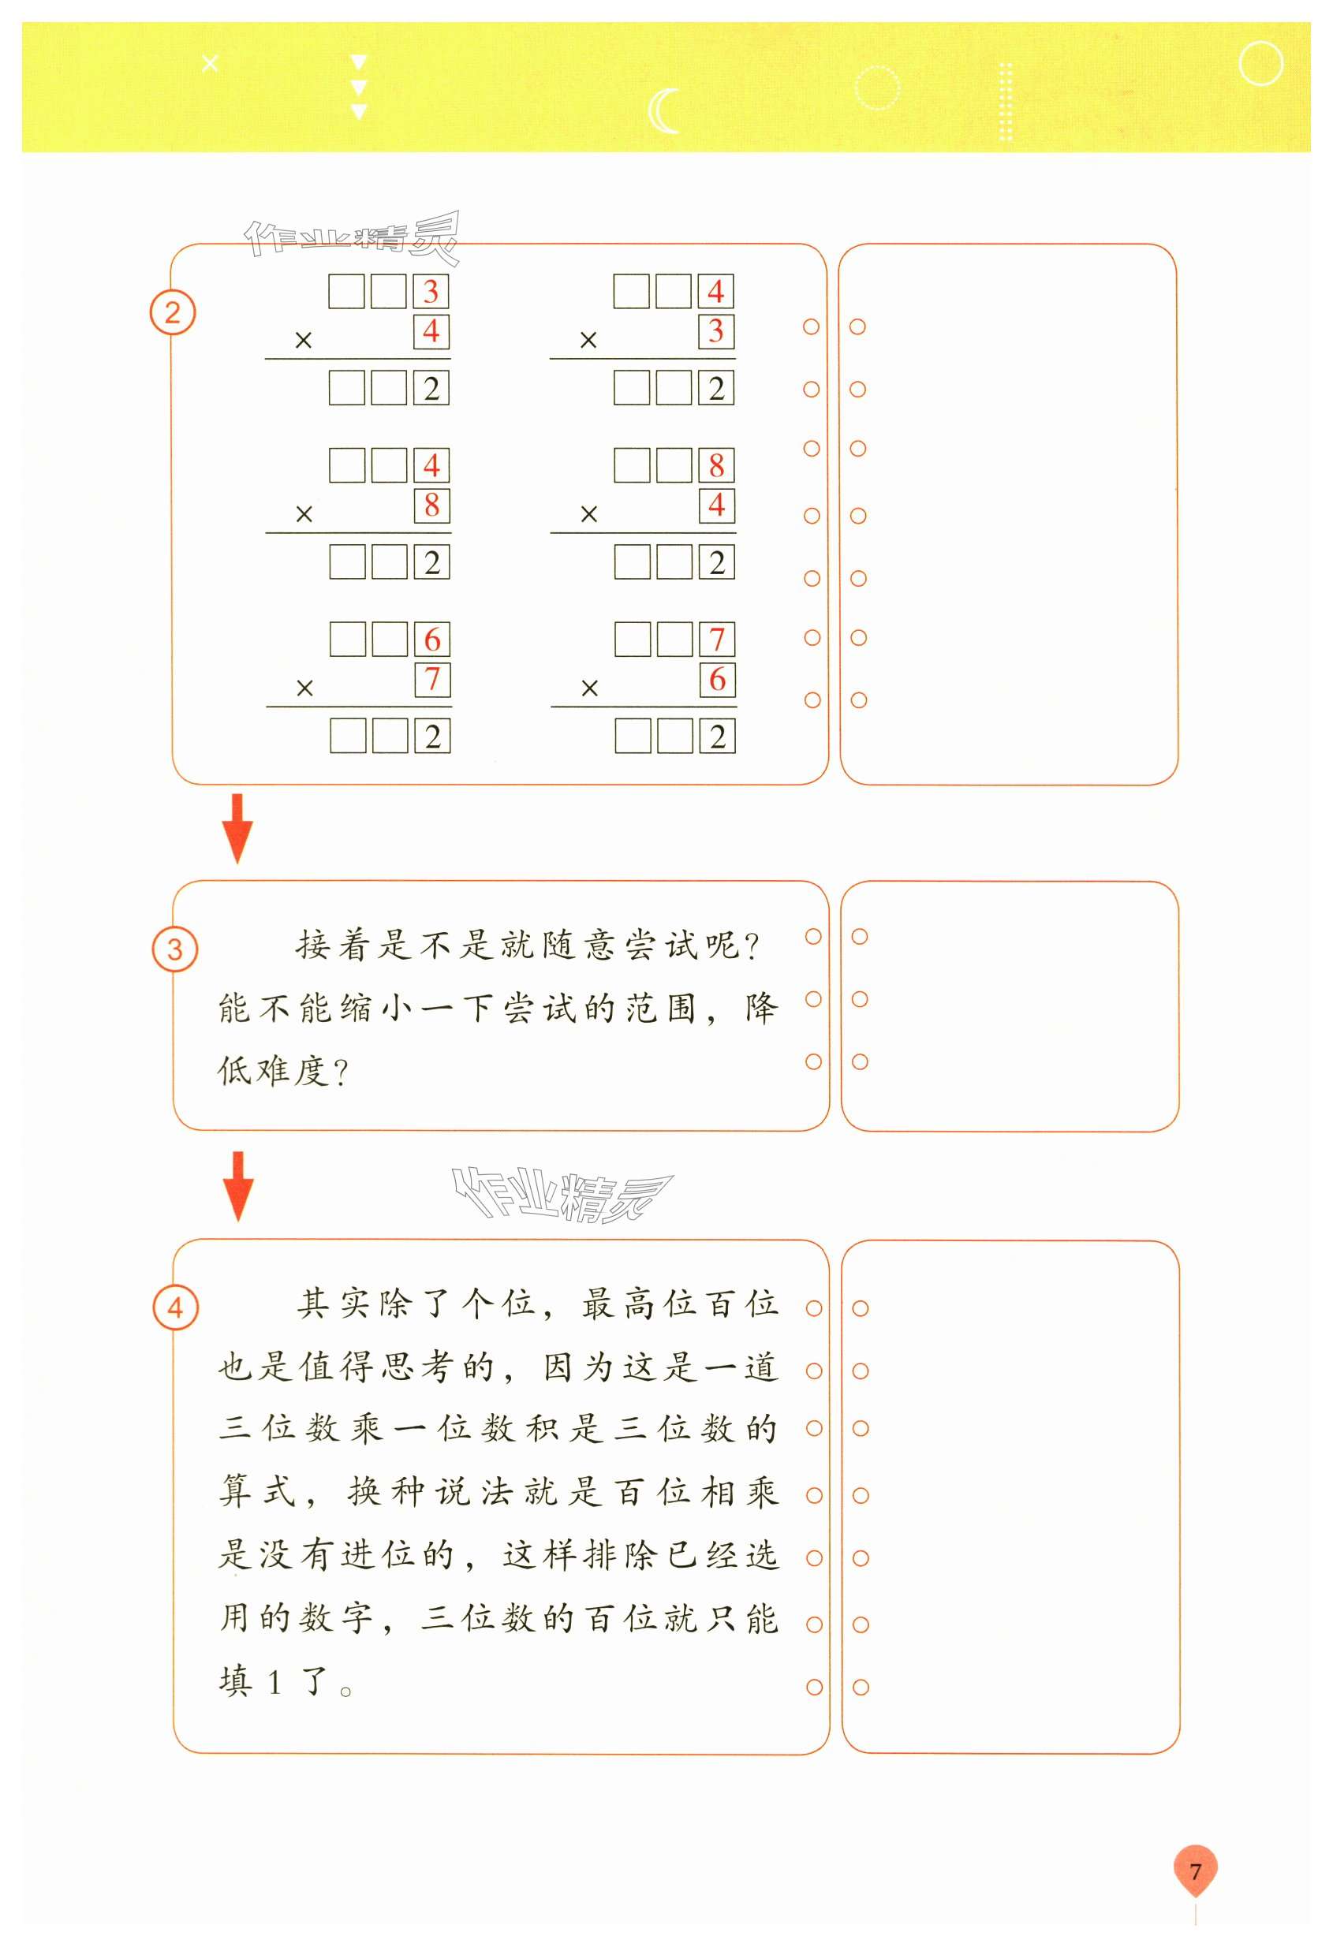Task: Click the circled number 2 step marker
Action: coord(173,312)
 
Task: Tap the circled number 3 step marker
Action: coord(175,949)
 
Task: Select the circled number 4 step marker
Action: coord(176,1307)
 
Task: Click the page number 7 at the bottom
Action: coord(1195,1871)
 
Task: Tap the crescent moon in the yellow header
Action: coord(663,111)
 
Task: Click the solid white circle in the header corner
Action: coord(1260,64)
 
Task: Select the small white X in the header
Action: coord(211,63)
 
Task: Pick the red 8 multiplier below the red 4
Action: coord(431,505)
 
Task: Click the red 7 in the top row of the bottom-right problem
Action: coord(717,640)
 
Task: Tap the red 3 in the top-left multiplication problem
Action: coord(431,292)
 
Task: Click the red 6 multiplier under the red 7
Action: coord(717,680)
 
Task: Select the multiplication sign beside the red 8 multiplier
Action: coord(304,514)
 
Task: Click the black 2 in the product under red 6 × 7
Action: coord(432,737)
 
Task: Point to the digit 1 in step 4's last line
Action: coord(274,1682)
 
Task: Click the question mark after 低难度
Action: coord(340,1072)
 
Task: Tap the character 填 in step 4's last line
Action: coord(235,1681)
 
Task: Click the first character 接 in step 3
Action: coord(312,945)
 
